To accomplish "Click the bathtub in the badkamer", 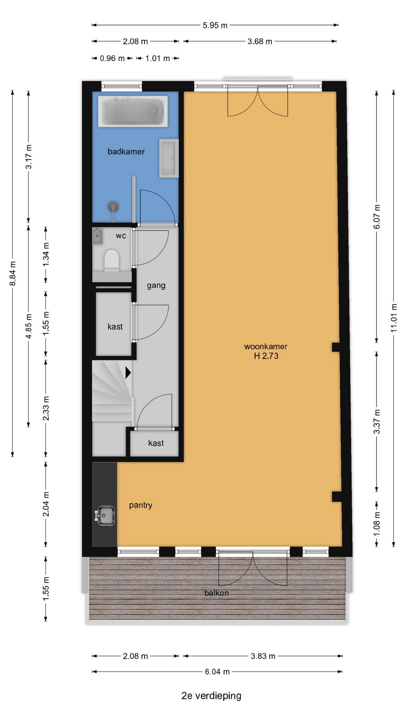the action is (133, 111).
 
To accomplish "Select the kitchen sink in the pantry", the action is (105, 516).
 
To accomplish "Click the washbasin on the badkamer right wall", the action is (168, 158).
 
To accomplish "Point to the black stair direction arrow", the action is (128, 373).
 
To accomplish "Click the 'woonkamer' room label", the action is (265, 346).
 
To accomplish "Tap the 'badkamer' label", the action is (126, 151).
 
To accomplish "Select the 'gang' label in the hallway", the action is (156, 285).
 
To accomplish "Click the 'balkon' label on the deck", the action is (217, 593).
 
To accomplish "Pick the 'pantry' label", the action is (141, 505).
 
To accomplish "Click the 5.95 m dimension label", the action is (215, 25).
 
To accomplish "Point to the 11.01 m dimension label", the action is (394, 317).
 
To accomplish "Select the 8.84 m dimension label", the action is (12, 273).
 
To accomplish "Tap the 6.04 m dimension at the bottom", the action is (217, 671).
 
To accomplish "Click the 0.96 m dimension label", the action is (112, 58).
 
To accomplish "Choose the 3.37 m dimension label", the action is (377, 421).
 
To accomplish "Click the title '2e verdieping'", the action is (211, 696).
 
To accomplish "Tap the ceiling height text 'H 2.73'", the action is (266, 356).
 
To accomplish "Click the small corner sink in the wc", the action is (97, 236).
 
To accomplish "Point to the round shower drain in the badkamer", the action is (113, 207).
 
